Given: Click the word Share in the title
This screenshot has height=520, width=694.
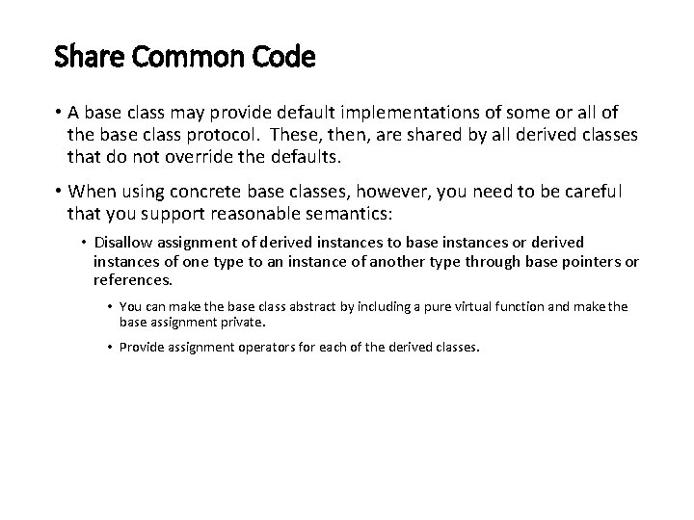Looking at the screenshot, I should pos(83,58).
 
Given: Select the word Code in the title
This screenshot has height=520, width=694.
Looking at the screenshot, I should pos(283,58).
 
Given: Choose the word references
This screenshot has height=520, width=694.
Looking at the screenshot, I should pos(132,280).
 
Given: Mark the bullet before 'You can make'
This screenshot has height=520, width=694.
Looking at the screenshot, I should pos(110,307).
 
